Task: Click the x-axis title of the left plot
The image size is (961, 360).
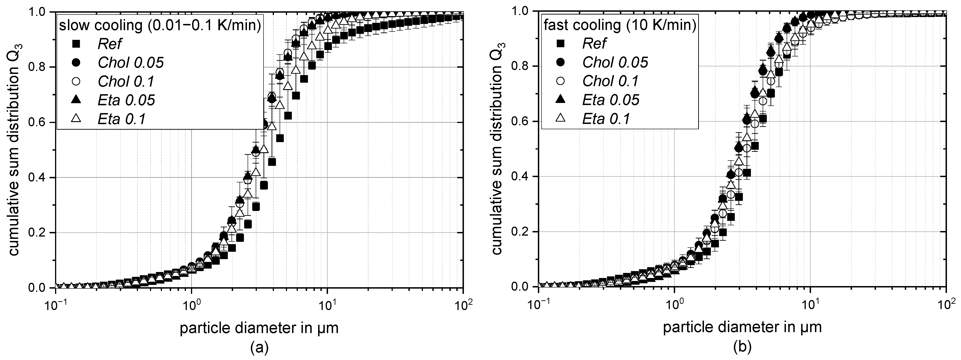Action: tap(259, 328)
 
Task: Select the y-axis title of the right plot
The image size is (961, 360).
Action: tap(498, 149)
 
